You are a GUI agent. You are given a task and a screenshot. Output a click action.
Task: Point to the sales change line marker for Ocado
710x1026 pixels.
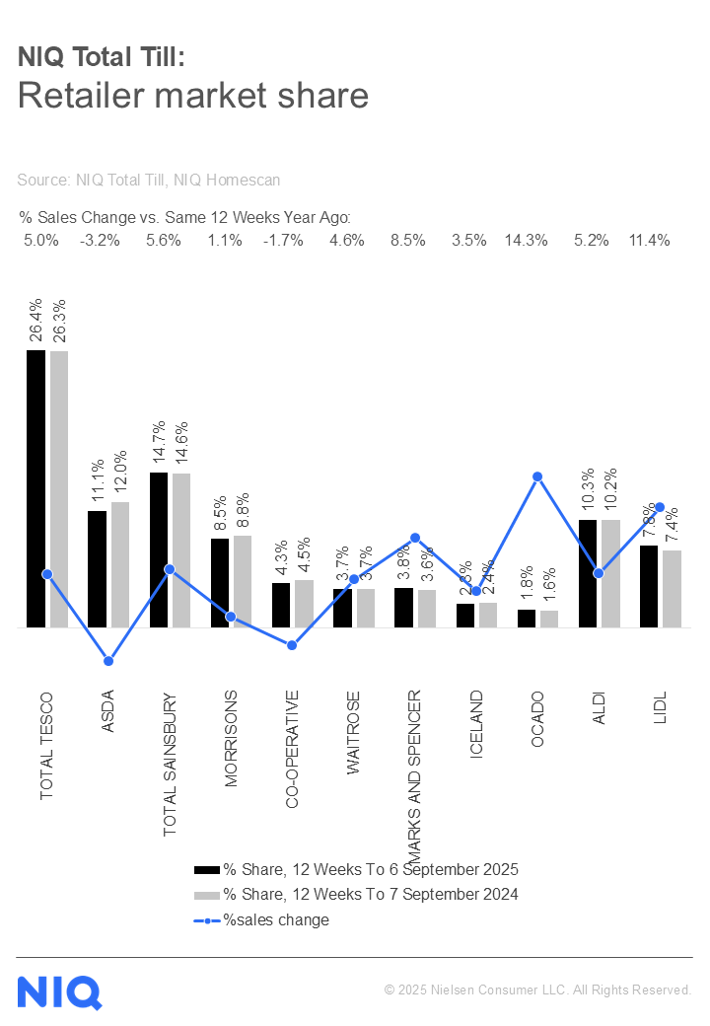pos(537,476)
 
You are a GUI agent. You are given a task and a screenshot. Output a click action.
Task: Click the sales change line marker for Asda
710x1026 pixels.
pos(108,661)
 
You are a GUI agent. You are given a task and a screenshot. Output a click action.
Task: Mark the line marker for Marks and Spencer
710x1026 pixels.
pos(415,538)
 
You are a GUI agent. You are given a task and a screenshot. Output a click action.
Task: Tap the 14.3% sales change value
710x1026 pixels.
pos(526,241)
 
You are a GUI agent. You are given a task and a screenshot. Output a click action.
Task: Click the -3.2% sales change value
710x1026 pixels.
pos(100,241)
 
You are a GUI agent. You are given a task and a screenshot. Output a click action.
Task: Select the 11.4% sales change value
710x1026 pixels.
pos(649,241)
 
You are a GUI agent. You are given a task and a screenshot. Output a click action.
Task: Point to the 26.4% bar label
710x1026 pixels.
pos(36,321)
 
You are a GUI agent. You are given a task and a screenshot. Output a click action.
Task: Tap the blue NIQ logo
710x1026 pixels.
pos(59,991)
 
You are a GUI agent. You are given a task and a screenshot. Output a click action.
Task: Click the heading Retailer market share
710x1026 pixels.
pos(193,96)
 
